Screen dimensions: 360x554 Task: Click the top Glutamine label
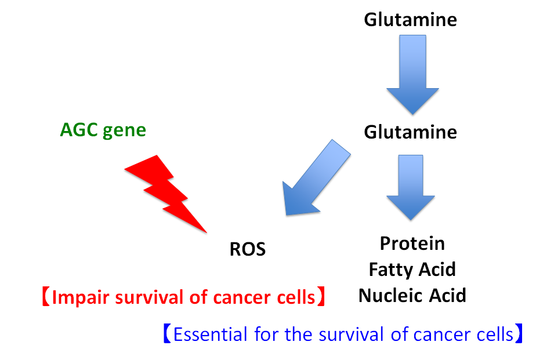click(x=410, y=20)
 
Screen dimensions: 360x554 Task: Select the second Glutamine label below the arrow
click(x=410, y=132)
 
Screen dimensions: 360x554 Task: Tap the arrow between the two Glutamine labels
click(x=412, y=72)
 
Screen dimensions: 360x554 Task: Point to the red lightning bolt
click(x=165, y=191)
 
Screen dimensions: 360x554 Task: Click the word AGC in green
click(x=78, y=130)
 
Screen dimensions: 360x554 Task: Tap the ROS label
click(x=248, y=250)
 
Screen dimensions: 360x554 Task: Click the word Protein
click(x=412, y=243)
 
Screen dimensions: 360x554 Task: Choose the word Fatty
click(x=390, y=270)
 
